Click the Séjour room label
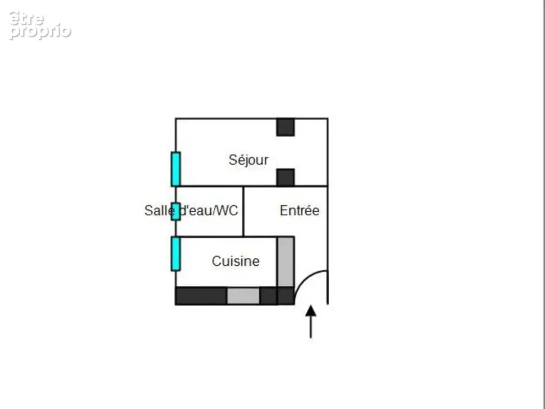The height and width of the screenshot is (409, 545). point(248,160)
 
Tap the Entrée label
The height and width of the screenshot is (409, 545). point(300,211)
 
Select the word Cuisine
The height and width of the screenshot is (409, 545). point(236,261)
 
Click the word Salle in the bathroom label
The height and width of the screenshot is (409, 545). point(160,211)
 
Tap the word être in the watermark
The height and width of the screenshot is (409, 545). point(27,18)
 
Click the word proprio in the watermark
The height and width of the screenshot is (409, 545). point(40,31)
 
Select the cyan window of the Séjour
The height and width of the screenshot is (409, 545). point(176,169)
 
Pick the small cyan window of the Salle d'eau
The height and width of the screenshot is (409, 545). point(176,212)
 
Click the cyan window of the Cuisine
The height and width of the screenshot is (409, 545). point(176,254)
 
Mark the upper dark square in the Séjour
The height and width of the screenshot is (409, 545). point(286,127)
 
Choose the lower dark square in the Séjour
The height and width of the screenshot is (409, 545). point(286,177)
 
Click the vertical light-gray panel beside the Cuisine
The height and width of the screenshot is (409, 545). point(286,262)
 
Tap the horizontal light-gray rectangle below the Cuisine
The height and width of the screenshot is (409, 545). point(243,296)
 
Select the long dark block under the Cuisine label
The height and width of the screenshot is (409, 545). point(201,296)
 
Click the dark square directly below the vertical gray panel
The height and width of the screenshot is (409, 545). point(286,296)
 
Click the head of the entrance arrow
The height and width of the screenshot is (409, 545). point(311,311)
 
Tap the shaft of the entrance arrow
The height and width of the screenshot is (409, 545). point(311,327)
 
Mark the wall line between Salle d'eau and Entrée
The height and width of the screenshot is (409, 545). point(243,212)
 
